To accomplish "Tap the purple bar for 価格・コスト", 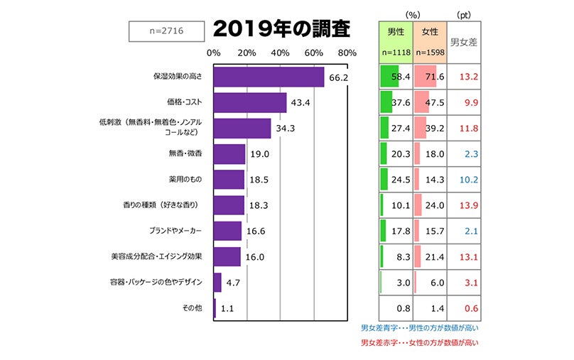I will (249, 102).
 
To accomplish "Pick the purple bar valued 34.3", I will (242, 128).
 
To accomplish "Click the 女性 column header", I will (430, 32).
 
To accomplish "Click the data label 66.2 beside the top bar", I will (338, 77).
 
